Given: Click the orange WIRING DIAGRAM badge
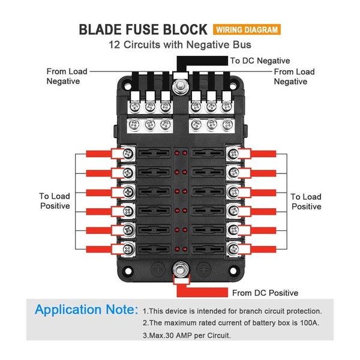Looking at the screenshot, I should tap(247, 29).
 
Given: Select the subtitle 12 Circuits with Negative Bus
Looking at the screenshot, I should tap(179, 45).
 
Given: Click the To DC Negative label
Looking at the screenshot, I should tap(260, 61).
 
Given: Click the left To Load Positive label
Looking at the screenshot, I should tap(55, 201).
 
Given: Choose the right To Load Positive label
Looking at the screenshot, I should tap(305, 201).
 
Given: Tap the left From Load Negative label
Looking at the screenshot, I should tap(67, 76).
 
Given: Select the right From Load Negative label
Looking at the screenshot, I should tap(294, 76).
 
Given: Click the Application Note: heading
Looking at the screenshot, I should tap(86, 310).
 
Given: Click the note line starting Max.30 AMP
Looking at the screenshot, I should tap(187, 335).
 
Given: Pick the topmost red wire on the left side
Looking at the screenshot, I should tap(100, 154).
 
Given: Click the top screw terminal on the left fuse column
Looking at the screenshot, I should tap(128, 154).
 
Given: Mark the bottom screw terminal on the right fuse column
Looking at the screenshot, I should tap(232, 248).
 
